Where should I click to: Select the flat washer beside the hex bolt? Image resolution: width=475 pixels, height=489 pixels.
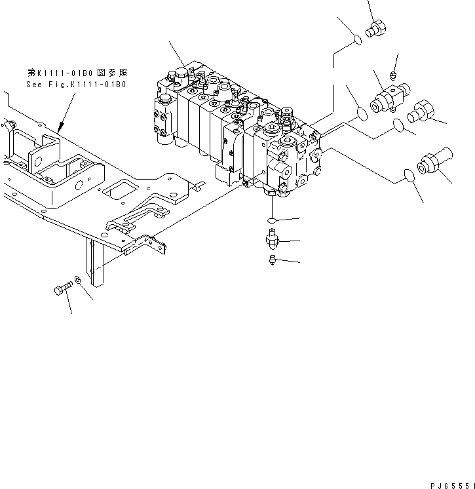tap(78, 281)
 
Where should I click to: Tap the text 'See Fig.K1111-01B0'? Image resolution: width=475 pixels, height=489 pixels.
tap(76, 85)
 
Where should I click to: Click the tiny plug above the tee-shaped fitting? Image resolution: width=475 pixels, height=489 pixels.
tap(393, 73)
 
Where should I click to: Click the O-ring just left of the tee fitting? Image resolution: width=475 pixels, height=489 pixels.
tap(361, 115)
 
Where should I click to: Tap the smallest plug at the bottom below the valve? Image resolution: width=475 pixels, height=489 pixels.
tap(271, 262)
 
